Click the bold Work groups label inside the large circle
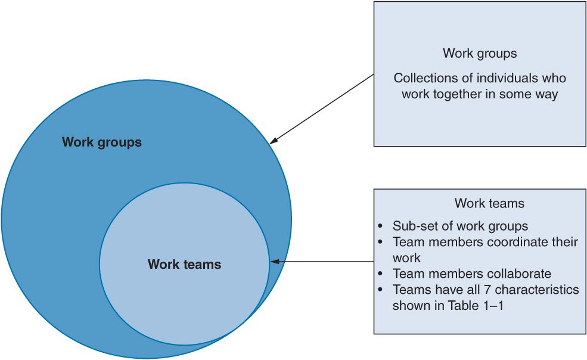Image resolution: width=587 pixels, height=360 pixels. click(102, 142)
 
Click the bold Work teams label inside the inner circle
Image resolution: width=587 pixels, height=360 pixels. click(184, 264)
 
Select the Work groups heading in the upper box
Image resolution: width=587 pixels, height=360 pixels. click(480, 54)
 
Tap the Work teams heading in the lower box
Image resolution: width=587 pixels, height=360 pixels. click(489, 203)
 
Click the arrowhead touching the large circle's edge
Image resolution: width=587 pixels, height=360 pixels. click(273, 141)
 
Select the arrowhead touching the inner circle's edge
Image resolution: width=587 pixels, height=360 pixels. click(275, 261)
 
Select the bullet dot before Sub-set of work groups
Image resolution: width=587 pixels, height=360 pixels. click(381, 226)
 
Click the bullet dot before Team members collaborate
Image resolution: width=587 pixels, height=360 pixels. click(381, 274)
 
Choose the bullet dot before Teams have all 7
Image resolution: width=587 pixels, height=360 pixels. click(381, 290)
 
